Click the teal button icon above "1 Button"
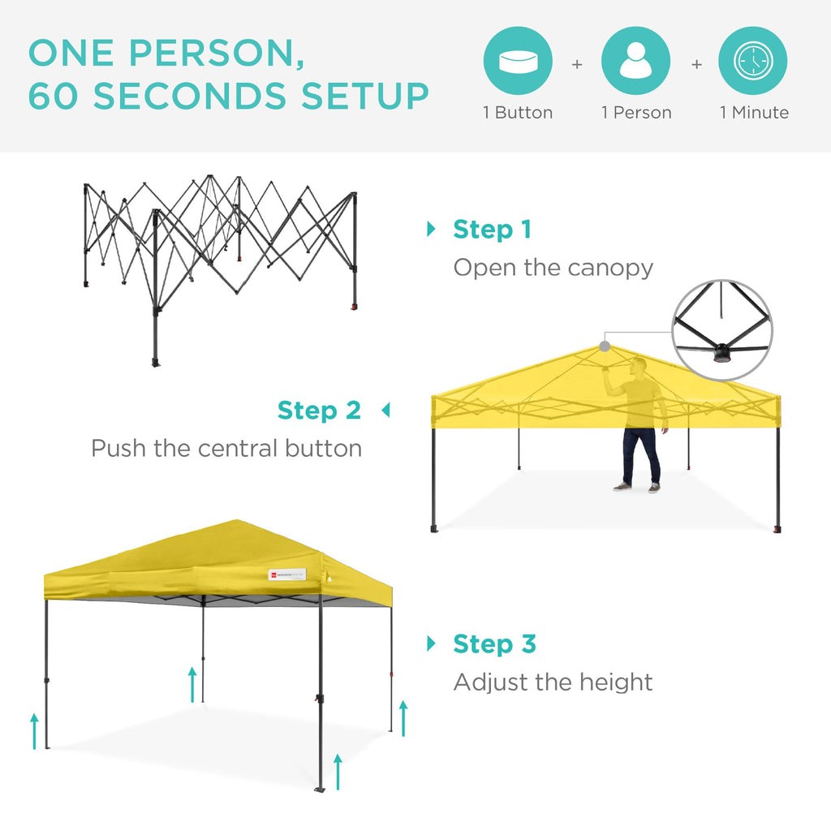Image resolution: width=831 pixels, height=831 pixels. coord(518,62)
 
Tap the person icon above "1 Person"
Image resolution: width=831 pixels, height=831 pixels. coord(635,62)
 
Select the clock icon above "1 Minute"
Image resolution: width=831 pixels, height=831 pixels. coord(753,62)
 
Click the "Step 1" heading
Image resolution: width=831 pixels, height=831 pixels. coord(492,230)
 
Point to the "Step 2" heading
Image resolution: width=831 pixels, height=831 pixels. coord(319,411)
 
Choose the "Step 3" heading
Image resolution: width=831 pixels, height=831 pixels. coord(494,644)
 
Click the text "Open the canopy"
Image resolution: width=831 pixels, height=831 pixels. coord(553,268)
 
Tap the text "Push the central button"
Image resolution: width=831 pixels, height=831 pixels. coord(226,448)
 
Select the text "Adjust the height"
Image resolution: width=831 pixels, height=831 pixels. coord(553,682)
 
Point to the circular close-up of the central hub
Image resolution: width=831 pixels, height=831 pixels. coord(722,330)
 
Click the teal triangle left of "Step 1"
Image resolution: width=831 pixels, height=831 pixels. coord(431,230)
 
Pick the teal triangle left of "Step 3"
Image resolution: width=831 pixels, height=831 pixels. coord(431,644)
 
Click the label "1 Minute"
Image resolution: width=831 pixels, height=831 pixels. coord(754,113)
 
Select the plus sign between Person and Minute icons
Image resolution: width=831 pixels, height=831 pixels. coord(696,63)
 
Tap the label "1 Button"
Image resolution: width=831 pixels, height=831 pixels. coord(518,113)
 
